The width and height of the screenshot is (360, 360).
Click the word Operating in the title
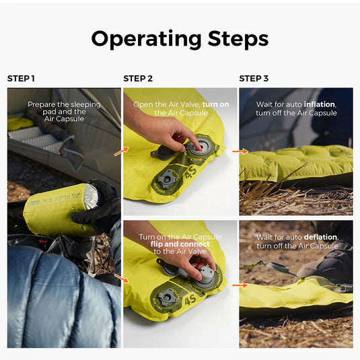point(146,39)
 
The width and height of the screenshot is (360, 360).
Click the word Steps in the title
point(238,38)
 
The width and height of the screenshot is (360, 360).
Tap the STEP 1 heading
point(21,79)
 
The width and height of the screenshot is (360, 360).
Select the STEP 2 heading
point(138,79)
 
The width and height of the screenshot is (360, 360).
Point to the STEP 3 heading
point(254,79)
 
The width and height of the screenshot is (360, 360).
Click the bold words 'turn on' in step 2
point(215,104)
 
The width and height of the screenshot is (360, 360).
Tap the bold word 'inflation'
point(320,104)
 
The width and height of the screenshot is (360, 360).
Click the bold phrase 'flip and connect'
point(180,244)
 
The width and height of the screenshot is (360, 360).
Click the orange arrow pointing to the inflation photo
point(240,151)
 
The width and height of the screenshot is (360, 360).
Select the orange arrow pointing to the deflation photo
point(240,285)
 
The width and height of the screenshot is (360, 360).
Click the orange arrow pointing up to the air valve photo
point(121,151)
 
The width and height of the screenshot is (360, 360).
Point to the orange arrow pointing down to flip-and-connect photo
point(121,278)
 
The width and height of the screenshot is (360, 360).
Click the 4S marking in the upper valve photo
point(191,172)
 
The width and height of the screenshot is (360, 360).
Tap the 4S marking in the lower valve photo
point(190,299)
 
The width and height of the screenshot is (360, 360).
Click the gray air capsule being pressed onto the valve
point(205,277)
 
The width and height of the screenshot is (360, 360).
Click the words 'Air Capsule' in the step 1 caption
point(64,119)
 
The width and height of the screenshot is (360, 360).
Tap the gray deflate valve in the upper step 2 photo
point(167,178)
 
